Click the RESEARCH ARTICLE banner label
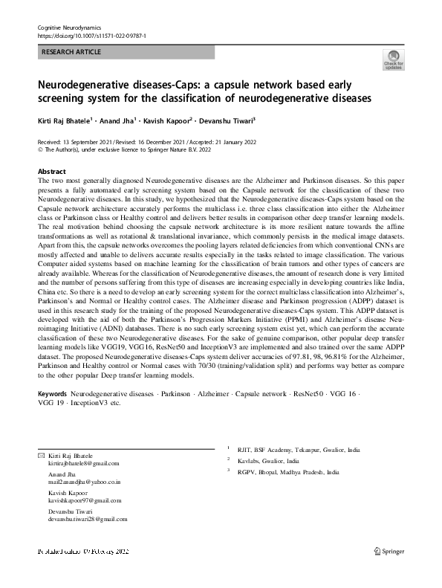[71, 52]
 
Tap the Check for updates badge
[392, 59]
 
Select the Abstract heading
[51, 171]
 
